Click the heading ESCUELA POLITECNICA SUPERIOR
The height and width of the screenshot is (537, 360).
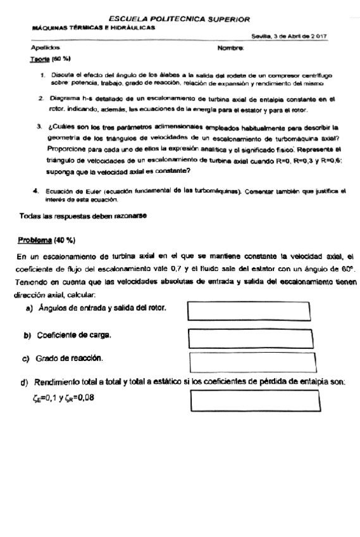tap(179, 20)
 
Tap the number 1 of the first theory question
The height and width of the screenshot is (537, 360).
tap(41, 75)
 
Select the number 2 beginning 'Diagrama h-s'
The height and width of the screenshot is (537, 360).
tap(41, 99)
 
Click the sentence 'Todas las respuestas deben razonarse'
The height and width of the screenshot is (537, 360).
tap(84, 217)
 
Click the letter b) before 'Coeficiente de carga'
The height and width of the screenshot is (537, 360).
tap(27, 334)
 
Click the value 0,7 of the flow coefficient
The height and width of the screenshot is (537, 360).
tap(154, 271)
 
